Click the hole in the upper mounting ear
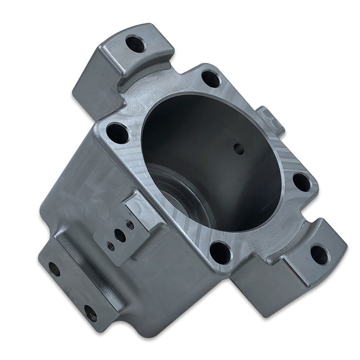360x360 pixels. [135, 45]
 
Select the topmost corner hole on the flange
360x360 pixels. [210, 78]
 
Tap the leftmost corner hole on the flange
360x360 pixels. [117, 133]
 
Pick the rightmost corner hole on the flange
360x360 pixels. [301, 182]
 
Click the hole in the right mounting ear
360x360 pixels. [319, 254]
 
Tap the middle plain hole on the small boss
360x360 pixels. [120, 236]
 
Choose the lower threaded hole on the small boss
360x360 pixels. [111, 246]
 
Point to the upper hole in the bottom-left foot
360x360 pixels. [54, 269]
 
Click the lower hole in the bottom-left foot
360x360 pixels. [90, 313]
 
